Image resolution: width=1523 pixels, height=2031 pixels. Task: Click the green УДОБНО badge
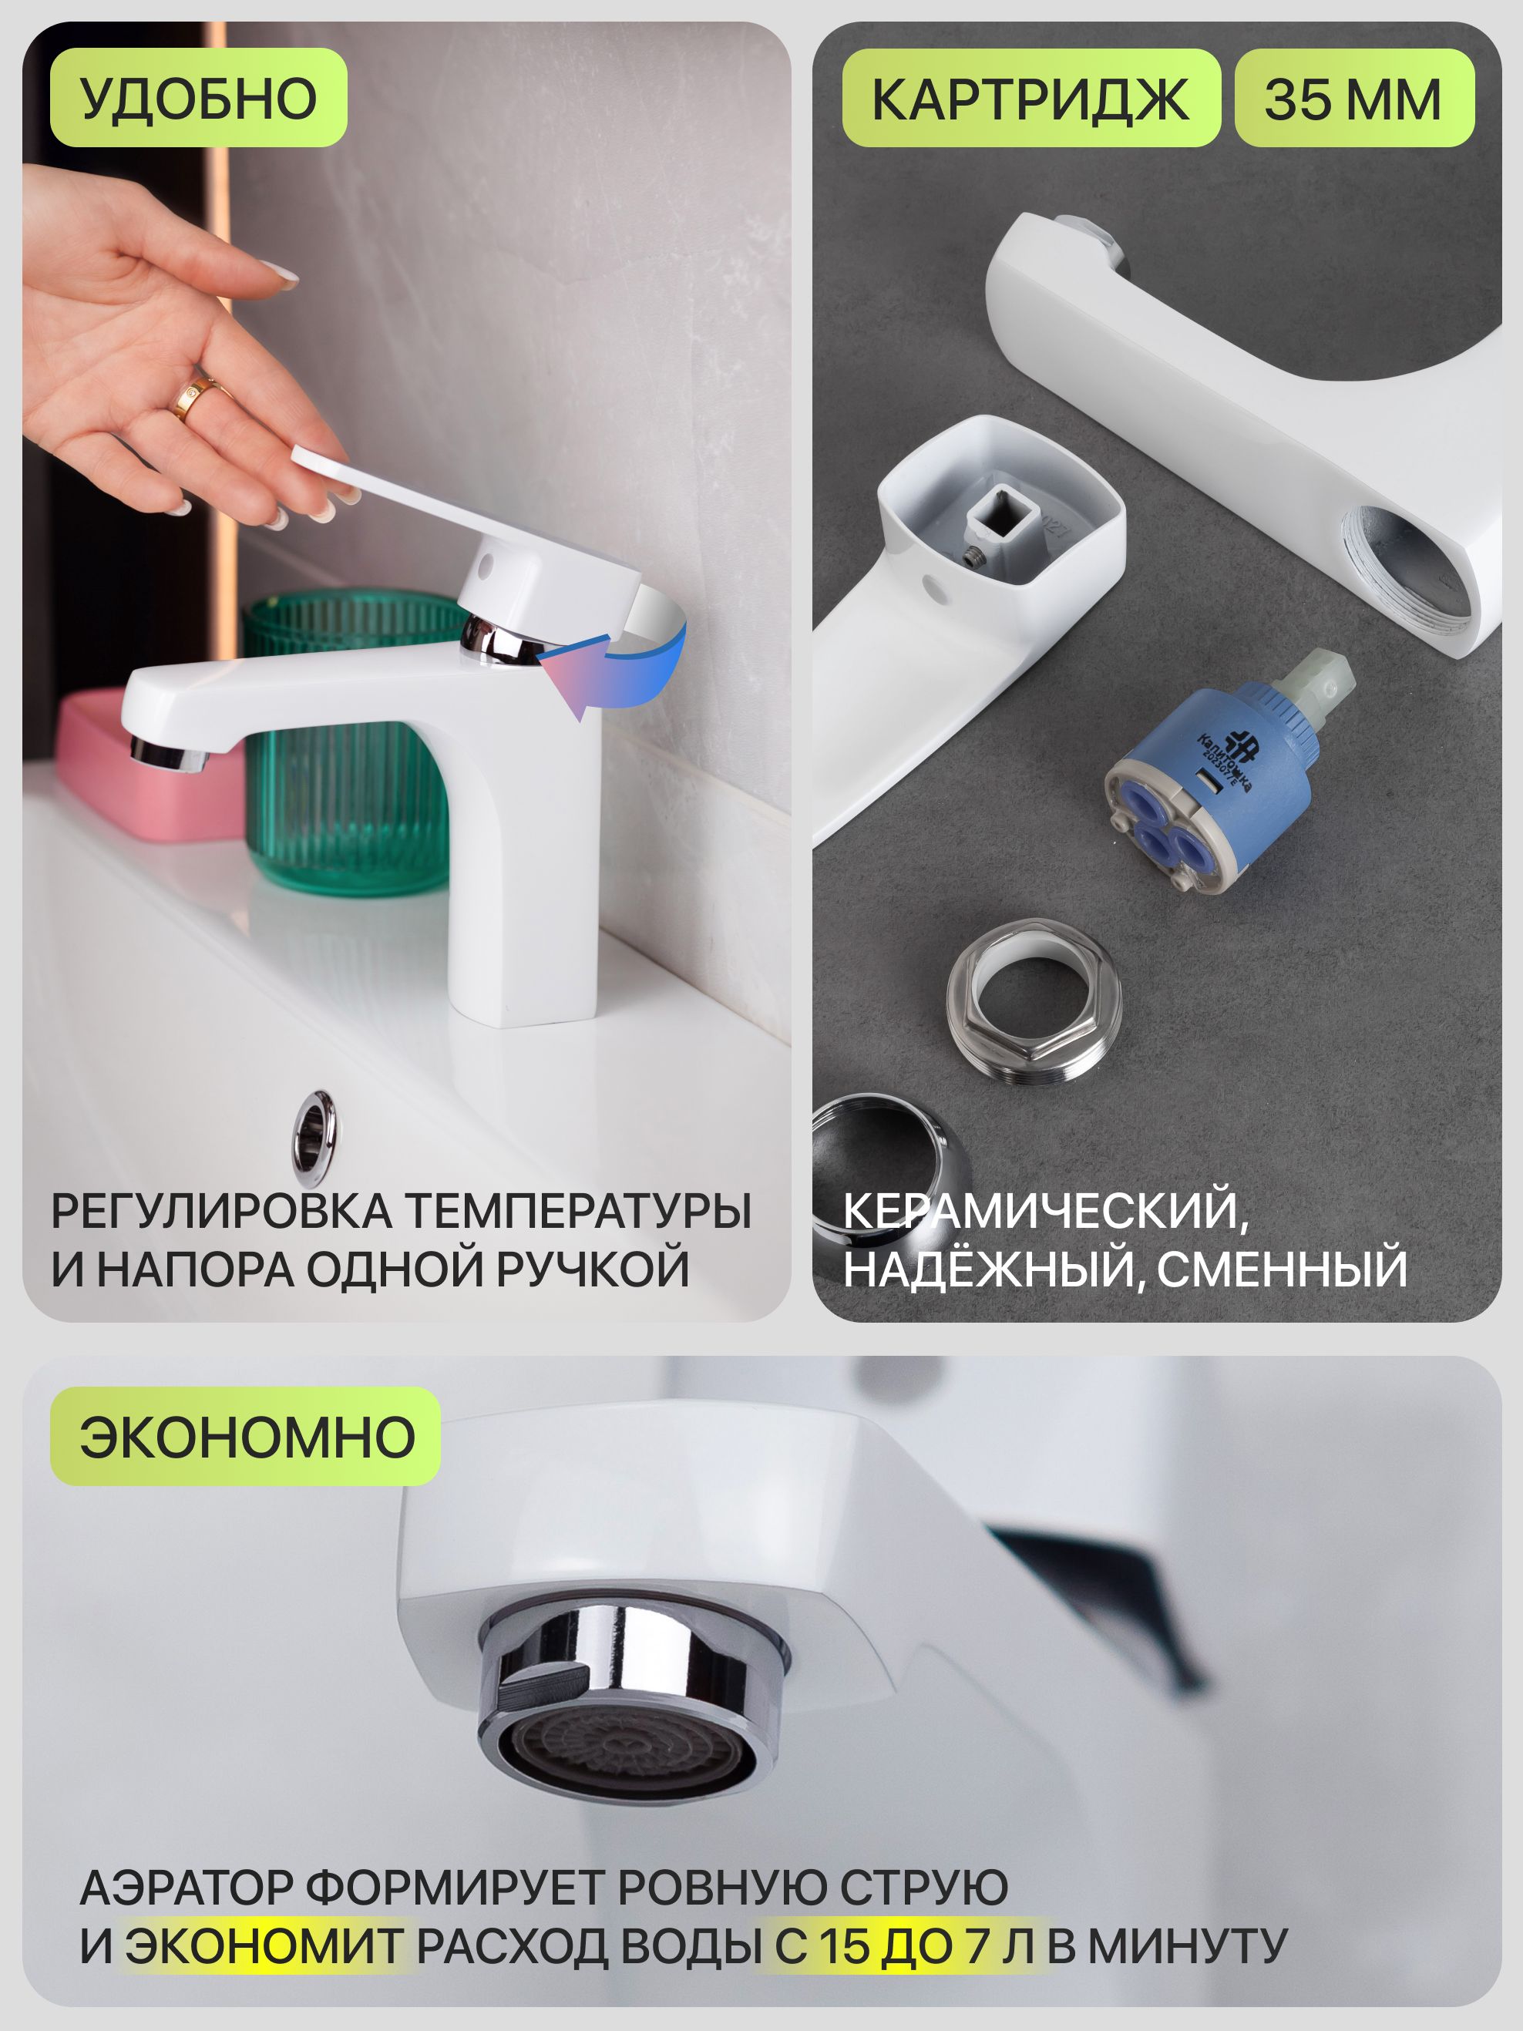point(198,97)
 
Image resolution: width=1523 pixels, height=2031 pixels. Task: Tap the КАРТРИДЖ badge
point(1031,97)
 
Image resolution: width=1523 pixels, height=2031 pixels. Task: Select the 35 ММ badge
point(1354,97)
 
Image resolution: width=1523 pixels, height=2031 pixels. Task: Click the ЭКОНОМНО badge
point(245,1436)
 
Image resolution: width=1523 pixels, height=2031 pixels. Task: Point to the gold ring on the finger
point(197,398)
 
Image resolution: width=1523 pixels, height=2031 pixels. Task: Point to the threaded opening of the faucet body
point(1404,561)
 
